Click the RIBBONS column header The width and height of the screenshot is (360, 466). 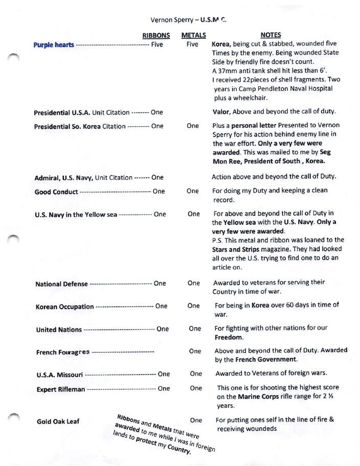156,35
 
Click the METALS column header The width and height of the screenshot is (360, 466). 194,35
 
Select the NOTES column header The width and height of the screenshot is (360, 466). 271,35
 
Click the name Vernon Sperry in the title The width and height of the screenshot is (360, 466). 172,20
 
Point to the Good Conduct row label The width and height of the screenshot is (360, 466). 56,192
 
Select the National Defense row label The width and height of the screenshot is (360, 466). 61,284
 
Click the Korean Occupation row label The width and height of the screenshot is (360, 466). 64,307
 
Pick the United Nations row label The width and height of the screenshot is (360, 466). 59,330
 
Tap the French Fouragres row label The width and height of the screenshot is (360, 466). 63,353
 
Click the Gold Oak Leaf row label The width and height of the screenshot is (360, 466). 58,422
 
